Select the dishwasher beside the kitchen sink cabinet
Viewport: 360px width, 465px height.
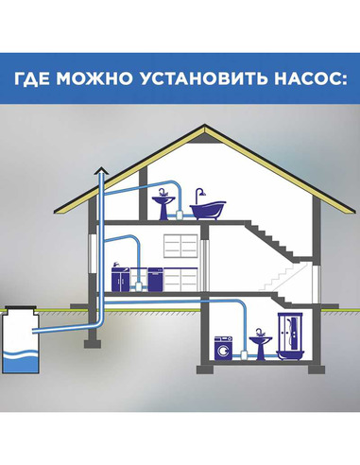[144, 279]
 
